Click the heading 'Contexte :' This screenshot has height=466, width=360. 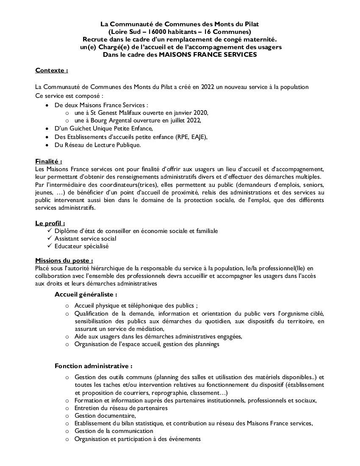[x=51, y=70]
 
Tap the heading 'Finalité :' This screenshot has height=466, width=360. [x=48, y=161]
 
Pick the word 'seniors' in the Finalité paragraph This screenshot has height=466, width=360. [x=313, y=185]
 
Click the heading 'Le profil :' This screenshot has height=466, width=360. [x=50, y=223]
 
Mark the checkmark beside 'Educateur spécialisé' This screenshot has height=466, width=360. [x=50, y=246]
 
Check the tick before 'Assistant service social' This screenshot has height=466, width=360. [x=50, y=238]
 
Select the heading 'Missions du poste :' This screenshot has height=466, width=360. [x=64, y=261]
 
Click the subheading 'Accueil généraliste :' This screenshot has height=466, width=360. [x=86, y=294]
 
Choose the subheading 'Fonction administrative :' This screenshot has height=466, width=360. [x=93, y=366]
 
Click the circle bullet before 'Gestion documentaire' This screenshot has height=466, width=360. [x=67, y=416]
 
